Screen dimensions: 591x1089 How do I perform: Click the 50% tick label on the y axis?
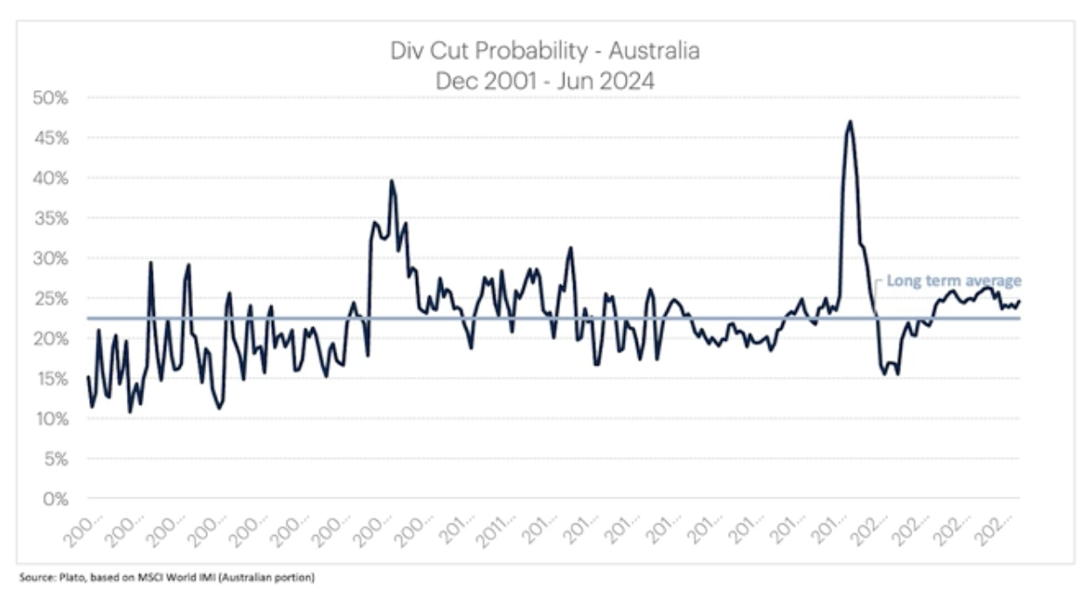pyautogui.click(x=51, y=98)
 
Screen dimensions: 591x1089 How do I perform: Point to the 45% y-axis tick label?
pyautogui.click(x=51, y=138)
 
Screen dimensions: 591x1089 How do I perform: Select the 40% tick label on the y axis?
pyautogui.click(x=51, y=178)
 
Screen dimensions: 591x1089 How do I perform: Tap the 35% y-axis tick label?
pyautogui.click(x=51, y=219)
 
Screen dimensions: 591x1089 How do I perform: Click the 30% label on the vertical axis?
pyautogui.click(x=51, y=259)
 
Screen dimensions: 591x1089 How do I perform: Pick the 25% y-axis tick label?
pyautogui.click(x=51, y=299)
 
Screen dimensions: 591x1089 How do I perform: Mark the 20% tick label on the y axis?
pyautogui.click(x=51, y=338)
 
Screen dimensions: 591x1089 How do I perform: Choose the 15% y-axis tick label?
pyautogui.click(x=51, y=379)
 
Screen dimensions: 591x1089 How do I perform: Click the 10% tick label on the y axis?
pyautogui.click(x=51, y=419)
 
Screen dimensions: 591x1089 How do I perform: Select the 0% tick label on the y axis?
pyautogui.click(x=54, y=499)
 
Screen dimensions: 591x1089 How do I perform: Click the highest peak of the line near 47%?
pyautogui.click(x=849, y=122)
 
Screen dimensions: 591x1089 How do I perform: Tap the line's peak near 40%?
pyautogui.click(x=392, y=181)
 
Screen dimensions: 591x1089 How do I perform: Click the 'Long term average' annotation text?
pyautogui.click(x=954, y=281)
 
